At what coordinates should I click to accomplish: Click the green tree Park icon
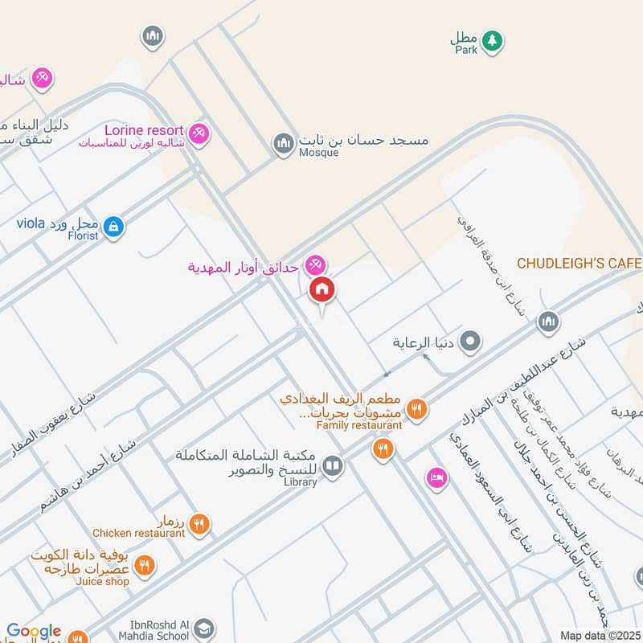[x=491, y=39]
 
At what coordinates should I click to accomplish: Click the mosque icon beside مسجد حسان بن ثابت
[x=283, y=144]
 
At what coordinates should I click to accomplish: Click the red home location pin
[x=322, y=290]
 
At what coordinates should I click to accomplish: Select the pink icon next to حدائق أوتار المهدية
[x=315, y=264]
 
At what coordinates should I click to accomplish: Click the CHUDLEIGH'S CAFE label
[x=579, y=263]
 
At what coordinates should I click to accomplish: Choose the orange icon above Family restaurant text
[x=416, y=408]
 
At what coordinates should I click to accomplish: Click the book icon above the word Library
[x=333, y=465]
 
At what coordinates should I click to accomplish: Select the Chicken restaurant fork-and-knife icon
[x=199, y=524]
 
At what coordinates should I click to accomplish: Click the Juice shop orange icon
[x=145, y=566]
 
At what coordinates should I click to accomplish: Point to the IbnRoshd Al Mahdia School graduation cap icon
[x=205, y=628]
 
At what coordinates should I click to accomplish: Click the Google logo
[x=34, y=632]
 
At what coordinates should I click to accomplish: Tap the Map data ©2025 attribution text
[x=600, y=635]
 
